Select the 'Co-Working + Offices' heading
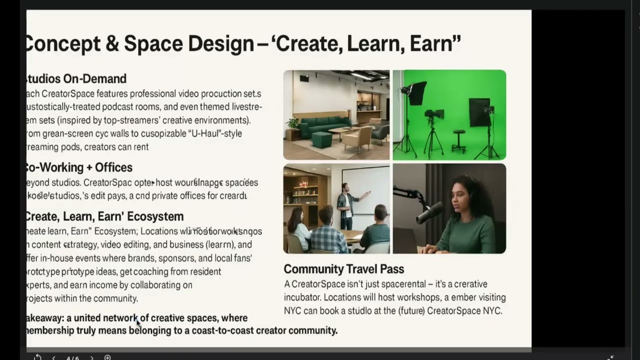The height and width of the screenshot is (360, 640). click(x=79, y=167)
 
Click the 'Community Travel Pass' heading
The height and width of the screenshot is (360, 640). click(x=343, y=269)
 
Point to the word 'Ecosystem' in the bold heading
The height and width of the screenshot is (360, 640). click(x=155, y=216)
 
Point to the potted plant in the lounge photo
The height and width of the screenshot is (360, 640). click(x=292, y=123)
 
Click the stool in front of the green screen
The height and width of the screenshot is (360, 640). click(x=458, y=140)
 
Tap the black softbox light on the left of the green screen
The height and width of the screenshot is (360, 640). click(x=416, y=93)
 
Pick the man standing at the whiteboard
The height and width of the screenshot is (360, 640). click(x=345, y=205)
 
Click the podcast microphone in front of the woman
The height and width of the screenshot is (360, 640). click(x=428, y=212)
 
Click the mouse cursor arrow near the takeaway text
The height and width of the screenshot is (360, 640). click(x=138, y=322)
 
